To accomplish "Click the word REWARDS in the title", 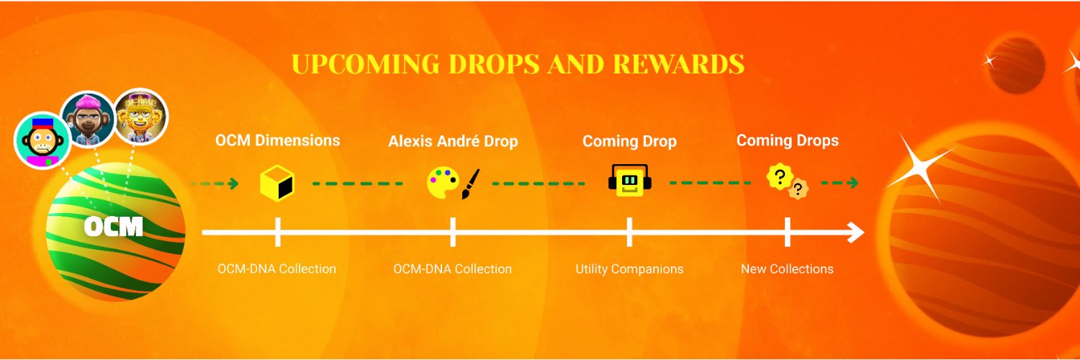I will click(x=678, y=64).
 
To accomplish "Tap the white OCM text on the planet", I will click(x=114, y=228).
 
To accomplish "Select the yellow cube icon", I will click(x=277, y=183).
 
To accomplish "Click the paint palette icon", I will click(x=442, y=183).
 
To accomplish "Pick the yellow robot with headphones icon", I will click(x=629, y=181).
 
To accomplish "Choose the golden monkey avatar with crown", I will click(x=141, y=117).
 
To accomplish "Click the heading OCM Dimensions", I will click(x=277, y=140).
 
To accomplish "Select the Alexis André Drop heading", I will click(x=453, y=141).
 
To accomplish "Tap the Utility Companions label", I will click(x=629, y=269).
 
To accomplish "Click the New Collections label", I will click(x=787, y=269).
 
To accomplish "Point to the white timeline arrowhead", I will click(x=855, y=233).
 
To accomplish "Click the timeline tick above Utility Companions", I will click(x=629, y=232).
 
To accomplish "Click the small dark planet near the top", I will click(x=1016, y=66).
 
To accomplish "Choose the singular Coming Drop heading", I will click(x=629, y=141).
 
